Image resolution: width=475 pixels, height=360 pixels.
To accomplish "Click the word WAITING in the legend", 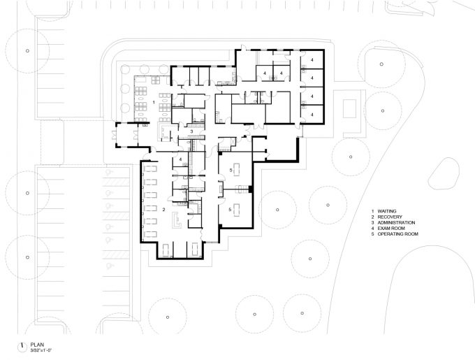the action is click(387, 211).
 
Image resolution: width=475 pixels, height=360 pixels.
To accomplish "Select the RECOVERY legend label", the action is click(390, 217).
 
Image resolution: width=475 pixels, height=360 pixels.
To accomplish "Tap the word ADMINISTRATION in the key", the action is click(396, 222).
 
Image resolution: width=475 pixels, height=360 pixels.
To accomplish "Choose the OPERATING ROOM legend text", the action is click(397, 234).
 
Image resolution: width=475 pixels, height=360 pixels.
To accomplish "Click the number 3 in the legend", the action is click(373, 222).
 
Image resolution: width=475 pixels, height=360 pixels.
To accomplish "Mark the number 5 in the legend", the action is click(373, 234).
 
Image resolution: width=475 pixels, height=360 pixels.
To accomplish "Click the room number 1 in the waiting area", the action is click(154, 103).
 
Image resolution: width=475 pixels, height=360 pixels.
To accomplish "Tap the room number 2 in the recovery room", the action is click(164, 210).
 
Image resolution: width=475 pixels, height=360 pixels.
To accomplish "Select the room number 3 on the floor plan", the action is click(191, 131).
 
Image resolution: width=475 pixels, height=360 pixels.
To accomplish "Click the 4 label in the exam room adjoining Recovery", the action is click(180, 159).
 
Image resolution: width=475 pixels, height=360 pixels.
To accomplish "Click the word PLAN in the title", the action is click(37, 345).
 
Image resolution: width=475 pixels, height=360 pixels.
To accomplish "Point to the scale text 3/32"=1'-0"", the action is click(41, 350).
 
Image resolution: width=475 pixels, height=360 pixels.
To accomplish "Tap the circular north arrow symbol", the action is click(22, 347).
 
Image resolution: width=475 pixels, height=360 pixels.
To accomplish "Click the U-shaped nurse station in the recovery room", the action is click(176, 219).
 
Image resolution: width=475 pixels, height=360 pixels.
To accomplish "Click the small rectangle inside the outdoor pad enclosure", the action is click(349, 108).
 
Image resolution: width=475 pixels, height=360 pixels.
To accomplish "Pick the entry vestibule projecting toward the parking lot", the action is click(126, 135).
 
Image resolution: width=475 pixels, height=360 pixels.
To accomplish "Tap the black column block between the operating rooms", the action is click(250, 189).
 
